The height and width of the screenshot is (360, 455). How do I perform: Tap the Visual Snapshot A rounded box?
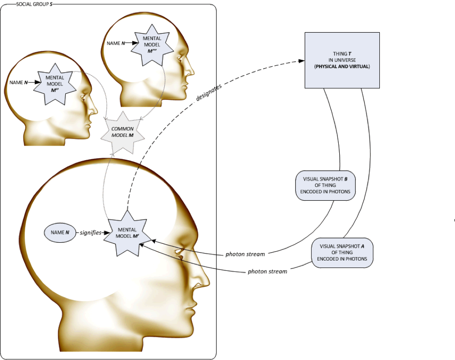coord(342,252)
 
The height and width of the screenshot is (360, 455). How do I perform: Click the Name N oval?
coord(60,232)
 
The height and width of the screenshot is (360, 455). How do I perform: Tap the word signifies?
coord(90,233)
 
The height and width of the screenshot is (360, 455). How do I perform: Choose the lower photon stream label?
coord(267,271)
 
